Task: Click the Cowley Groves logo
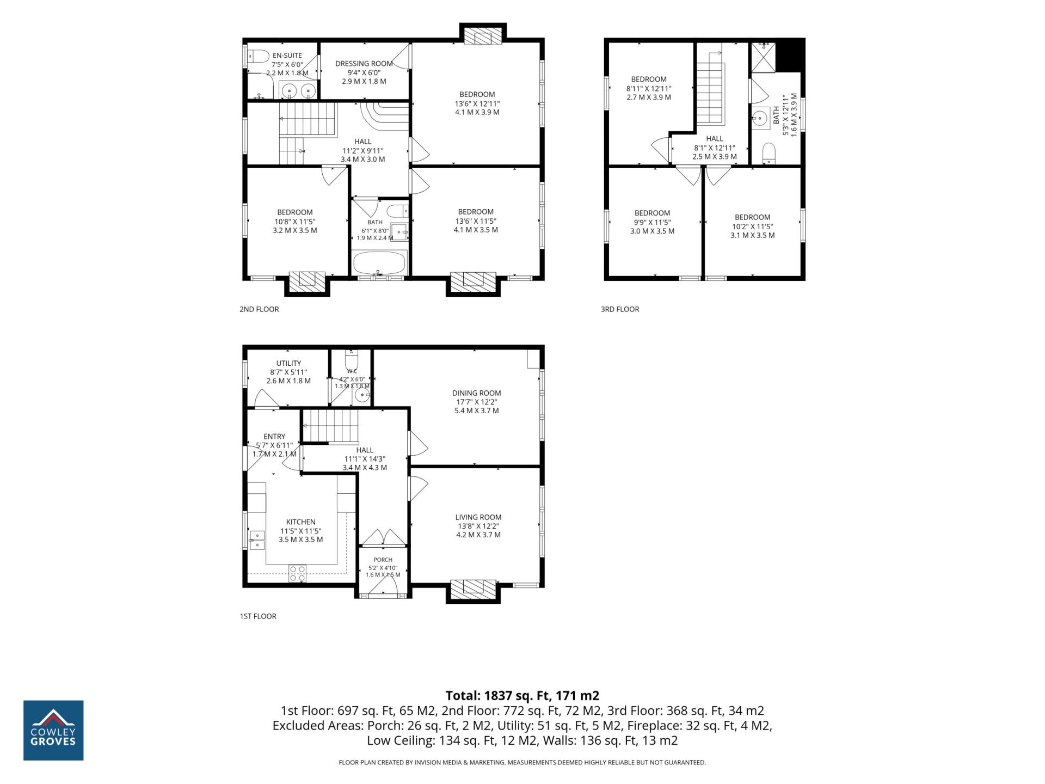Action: (53, 730)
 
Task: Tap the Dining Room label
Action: (476, 393)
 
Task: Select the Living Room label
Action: (478, 517)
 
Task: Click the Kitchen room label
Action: (300, 522)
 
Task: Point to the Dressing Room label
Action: (364, 64)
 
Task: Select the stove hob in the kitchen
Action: (297, 573)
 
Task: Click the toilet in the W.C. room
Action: (352, 359)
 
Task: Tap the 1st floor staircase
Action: (330, 426)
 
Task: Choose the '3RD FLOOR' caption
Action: (620, 309)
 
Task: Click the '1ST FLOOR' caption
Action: (258, 616)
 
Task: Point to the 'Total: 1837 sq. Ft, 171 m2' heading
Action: (522, 695)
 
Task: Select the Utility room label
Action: (288, 363)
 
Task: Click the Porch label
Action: (383, 560)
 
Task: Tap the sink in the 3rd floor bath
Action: (760, 118)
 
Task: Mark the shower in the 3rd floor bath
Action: (763, 57)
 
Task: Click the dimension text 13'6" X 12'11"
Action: (477, 103)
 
